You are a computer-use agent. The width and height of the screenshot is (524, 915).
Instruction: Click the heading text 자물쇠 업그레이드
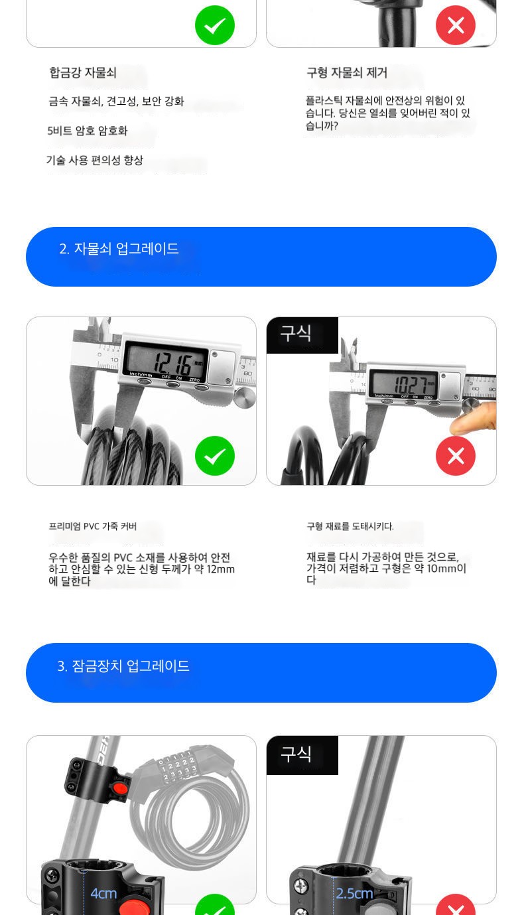click(x=126, y=248)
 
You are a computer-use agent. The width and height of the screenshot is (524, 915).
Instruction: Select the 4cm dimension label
click(x=103, y=893)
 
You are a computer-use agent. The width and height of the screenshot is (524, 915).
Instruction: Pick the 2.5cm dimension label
click(x=354, y=893)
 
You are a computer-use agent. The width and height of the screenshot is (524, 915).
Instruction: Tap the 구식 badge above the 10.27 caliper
click(x=296, y=333)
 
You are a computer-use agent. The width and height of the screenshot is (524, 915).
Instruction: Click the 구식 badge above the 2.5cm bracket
click(x=296, y=754)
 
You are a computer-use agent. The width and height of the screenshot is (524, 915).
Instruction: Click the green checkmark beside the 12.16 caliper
click(x=215, y=456)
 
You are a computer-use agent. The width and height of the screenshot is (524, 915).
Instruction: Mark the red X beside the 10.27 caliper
click(x=456, y=456)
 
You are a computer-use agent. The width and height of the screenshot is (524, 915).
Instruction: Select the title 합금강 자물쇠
click(x=83, y=73)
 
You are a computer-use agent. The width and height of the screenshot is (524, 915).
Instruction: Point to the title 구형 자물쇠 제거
click(x=347, y=73)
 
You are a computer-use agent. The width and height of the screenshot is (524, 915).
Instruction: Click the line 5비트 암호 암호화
click(x=88, y=131)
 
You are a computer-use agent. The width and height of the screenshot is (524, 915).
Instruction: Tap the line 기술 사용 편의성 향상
click(x=95, y=160)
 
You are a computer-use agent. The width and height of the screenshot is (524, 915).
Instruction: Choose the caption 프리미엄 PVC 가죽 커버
click(x=93, y=526)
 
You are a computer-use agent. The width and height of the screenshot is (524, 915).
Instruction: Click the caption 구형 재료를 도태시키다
click(x=350, y=526)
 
